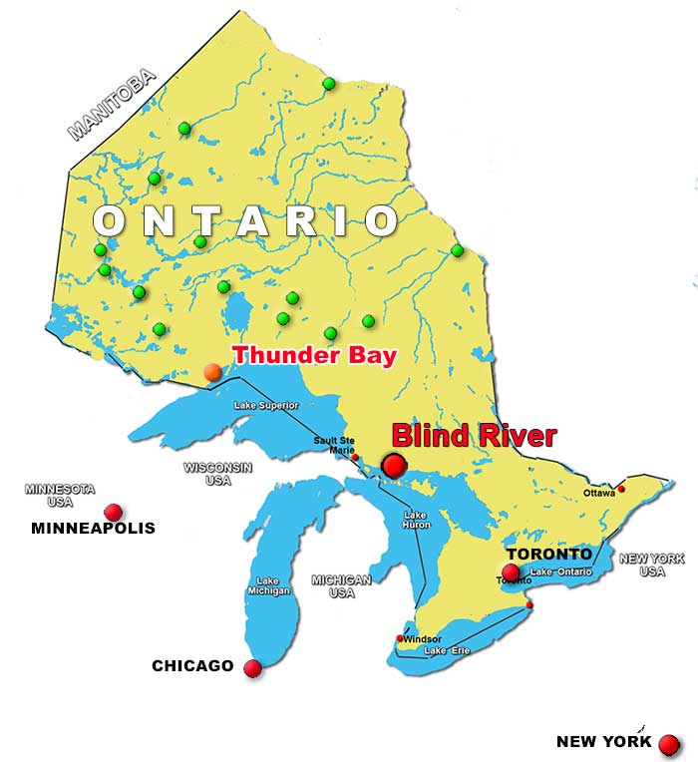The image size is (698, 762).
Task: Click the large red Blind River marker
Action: tap(394, 465)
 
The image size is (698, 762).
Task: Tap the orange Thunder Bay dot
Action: tap(212, 372)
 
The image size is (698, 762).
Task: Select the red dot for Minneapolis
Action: tap(114, 512)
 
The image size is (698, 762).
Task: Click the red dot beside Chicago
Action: tap(252, 668)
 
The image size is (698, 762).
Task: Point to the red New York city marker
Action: tap(668, 744)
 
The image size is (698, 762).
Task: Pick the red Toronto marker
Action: tap(512, 571)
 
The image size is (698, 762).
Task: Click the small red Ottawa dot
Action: tap(621, 489)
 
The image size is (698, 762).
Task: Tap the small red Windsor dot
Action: tap(401, 638)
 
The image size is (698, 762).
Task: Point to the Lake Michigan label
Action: tap(268, 586)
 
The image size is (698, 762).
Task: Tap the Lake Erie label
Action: tap(447, 651)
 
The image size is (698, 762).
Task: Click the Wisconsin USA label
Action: tap(217, 473)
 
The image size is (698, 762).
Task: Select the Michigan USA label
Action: tap(341, 585)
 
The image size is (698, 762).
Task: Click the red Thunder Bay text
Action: tap(314, 355)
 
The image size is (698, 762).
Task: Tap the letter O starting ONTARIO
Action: tap(114, 220)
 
